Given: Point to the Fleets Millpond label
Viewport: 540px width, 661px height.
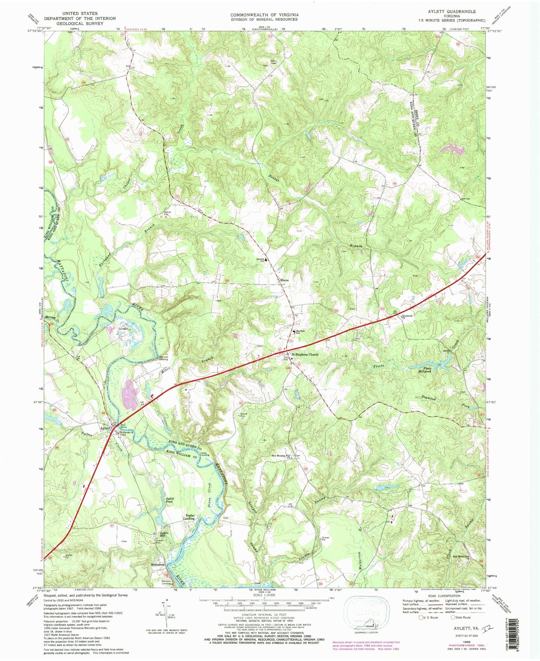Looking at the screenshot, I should pyautogui.click(x=427, y=370).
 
